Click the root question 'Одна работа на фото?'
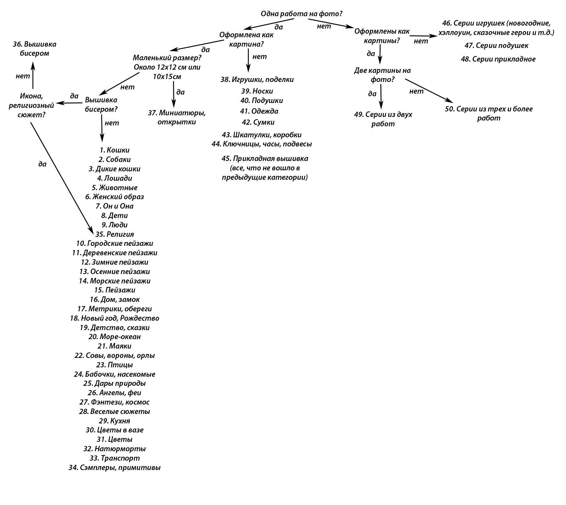click(301, 14)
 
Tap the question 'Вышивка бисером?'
click(101, 104)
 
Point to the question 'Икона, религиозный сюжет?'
click(31, 105)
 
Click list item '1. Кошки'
click(114, 150)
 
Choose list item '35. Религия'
click(114, 234)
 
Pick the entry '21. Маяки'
click(114, 346)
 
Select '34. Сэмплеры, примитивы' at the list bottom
click(114, 467)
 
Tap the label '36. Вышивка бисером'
click(35, 49)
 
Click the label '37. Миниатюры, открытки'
click(177, 117)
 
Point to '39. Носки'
click(257, 91)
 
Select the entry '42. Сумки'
click(258, 122)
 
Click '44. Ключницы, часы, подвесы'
click(261, 144)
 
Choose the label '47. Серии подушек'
click(496, 45)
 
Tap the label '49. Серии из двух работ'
click(383, 119)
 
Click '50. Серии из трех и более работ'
click(489, 113)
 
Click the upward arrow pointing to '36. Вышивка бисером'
click(33, 75)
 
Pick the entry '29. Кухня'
click(114, 421)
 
